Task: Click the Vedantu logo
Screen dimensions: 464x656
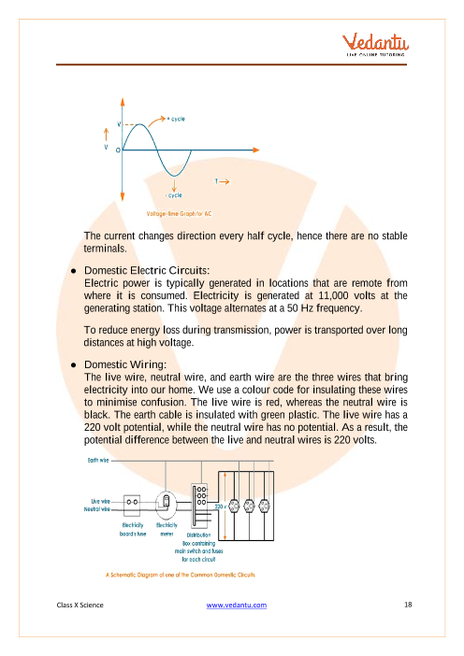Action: click(x=375, y=44)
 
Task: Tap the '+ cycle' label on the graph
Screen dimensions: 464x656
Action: click(x=176, y=119)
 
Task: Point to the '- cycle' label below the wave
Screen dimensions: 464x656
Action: click(x=174, y=195)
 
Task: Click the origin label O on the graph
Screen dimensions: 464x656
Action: click(x=118, y=150)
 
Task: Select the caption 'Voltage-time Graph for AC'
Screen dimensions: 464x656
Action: click(x=179, y=214)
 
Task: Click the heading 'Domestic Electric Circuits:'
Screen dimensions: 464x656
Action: click(x=147, y=270)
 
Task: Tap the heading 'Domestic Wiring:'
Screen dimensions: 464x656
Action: click(x=125, y=364)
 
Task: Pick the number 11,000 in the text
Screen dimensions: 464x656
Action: click(x=333, y=295)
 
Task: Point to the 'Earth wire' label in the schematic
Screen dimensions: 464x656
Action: click(x=98, y=460)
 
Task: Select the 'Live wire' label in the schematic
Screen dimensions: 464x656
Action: click(x=100, y=501)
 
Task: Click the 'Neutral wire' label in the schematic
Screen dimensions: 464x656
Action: click(x=96, y=509)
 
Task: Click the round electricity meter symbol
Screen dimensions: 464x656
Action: click(x=166, y=505)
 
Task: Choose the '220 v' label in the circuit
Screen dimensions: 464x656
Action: click(x=220, y=506)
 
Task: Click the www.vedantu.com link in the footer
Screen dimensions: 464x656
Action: click(x=236, y=605)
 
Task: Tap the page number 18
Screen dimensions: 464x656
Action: click(x=408, y=605)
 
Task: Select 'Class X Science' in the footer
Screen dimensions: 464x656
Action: click(x=80, y=605)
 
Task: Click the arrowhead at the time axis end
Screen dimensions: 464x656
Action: click(x=256, y=150)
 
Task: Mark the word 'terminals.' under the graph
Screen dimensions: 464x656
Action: click(x=105, y=249)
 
